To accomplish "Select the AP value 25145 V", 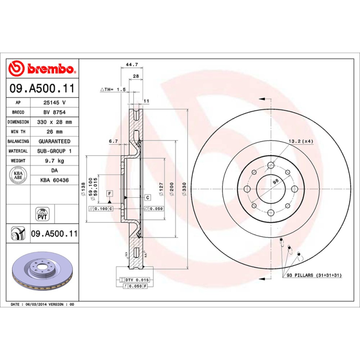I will point(54,102).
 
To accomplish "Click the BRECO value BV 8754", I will point(54,112).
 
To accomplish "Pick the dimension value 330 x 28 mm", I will point(54,122).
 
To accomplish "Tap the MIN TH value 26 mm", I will point(54,132).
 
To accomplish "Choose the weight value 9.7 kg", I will point(54,161).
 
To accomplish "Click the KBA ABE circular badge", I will point(18,175).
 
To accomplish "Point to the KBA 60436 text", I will point(54,180).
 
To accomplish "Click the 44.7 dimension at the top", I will point(131,65).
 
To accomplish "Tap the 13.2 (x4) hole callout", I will point(301,141).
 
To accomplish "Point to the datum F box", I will point(109,193).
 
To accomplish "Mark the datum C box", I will point(147,197).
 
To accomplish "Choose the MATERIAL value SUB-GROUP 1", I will point(54,151).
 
